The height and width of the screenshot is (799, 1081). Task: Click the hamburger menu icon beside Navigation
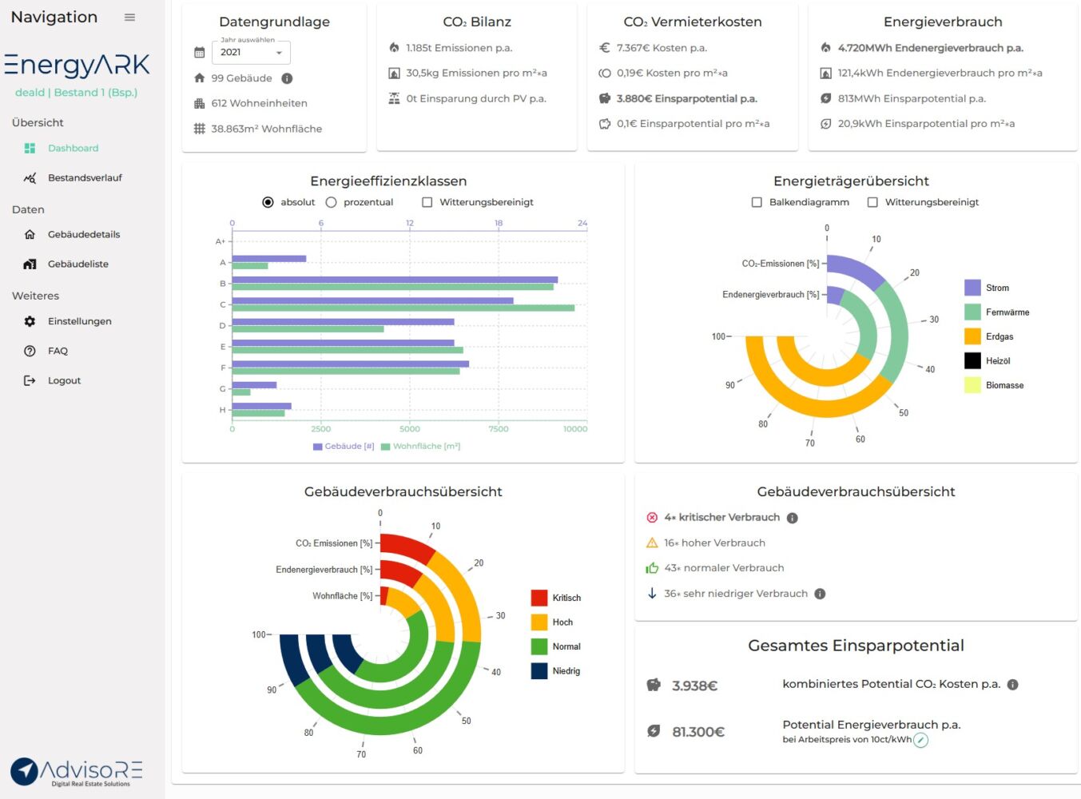[x=129, y=18]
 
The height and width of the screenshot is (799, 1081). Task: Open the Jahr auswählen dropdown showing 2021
[x=251, y=53]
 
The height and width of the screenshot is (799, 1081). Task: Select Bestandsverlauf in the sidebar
[x=85, y=178]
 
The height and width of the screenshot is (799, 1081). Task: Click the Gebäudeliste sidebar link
[x=77, y=264]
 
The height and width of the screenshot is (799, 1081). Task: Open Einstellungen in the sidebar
[x=79, y=322]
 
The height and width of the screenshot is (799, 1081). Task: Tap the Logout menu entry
[x=64, y=381]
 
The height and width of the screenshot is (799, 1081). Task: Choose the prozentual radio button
[x=332, y=203]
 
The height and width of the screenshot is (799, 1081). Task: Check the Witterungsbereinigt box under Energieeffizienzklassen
[x=427, y=203]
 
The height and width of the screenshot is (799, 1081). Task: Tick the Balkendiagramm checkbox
[x=757, y=203]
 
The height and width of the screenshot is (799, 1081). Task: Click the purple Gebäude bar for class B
[x=395, y=280]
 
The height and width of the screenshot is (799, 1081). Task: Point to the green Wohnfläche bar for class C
[x=403, y=308]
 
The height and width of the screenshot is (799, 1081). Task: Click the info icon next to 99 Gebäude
[x=287, y=78]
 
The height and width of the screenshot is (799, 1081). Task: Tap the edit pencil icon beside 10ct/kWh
[x=921, y=741]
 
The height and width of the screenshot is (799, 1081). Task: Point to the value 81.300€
[x=698, y=732]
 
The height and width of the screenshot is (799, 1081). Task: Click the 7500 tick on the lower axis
[x=499, y=429]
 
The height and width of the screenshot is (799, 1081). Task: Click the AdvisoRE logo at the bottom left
[x=77, y=772]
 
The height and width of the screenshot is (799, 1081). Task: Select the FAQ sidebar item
[x=58, y=352]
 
